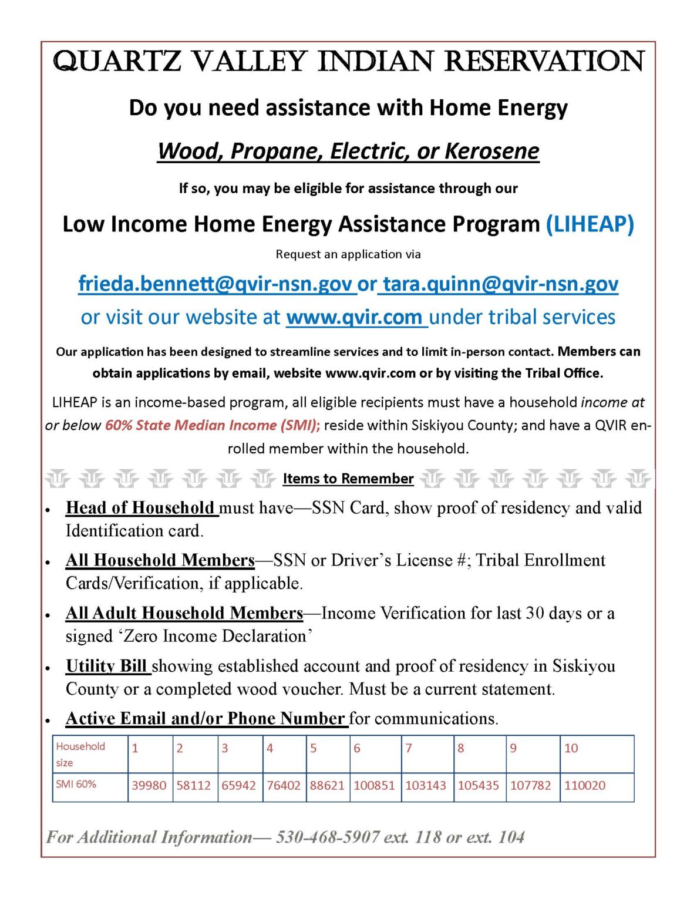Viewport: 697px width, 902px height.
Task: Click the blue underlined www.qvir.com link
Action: [x=354, y=318]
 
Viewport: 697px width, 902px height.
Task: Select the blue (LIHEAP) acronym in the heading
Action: [x=590, y=224]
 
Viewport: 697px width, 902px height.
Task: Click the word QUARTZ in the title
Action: [x=117, y=62]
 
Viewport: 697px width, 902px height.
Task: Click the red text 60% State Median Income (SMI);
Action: [x=212, y=425]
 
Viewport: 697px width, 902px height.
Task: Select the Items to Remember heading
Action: [x=348, y=479]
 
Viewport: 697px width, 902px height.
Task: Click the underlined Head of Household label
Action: [x=140, y=508]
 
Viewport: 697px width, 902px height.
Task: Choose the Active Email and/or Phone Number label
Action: [x=205, y=719]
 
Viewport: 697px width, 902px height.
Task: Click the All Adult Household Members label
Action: [x=184, y=613]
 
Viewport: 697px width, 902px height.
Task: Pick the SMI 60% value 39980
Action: [x=149, y=786]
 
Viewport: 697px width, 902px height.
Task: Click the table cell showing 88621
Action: [x=327, y=786]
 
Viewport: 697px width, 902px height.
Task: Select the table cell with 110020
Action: [x=585, y=786]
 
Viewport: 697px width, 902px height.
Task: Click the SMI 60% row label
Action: [x=76, y=785]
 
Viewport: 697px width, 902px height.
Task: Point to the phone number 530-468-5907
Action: [x=328, y=837]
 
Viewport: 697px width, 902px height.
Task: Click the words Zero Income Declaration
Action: [x=215, y=637]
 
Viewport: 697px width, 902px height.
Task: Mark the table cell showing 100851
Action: [x=374, y=786]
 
